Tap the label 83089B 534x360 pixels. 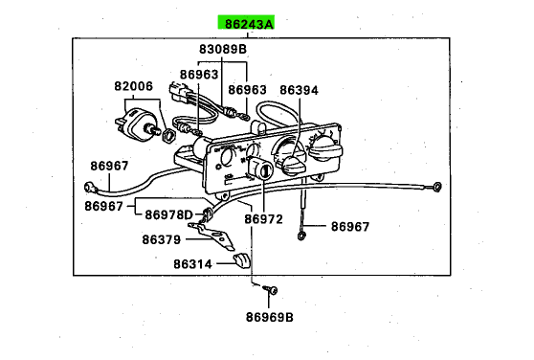pyautogui.click(x=223, y=49)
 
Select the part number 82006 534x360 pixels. pyautogui.click(x=134, y=86)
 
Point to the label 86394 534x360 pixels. pyautogui.click(x=299, y=90)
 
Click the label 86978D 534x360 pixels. pyautogui.click(x=169, y=214)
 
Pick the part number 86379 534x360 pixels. pyautogui.click(x=161, y=239)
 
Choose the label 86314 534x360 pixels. pyautogui.click(x=192, y=264)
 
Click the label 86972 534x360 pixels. pyautogui.click(x=263, y=219)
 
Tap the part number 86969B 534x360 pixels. pyautogui.click(x=269, y=317)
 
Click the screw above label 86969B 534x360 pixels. pyautogui.click(x=272, y=290)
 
